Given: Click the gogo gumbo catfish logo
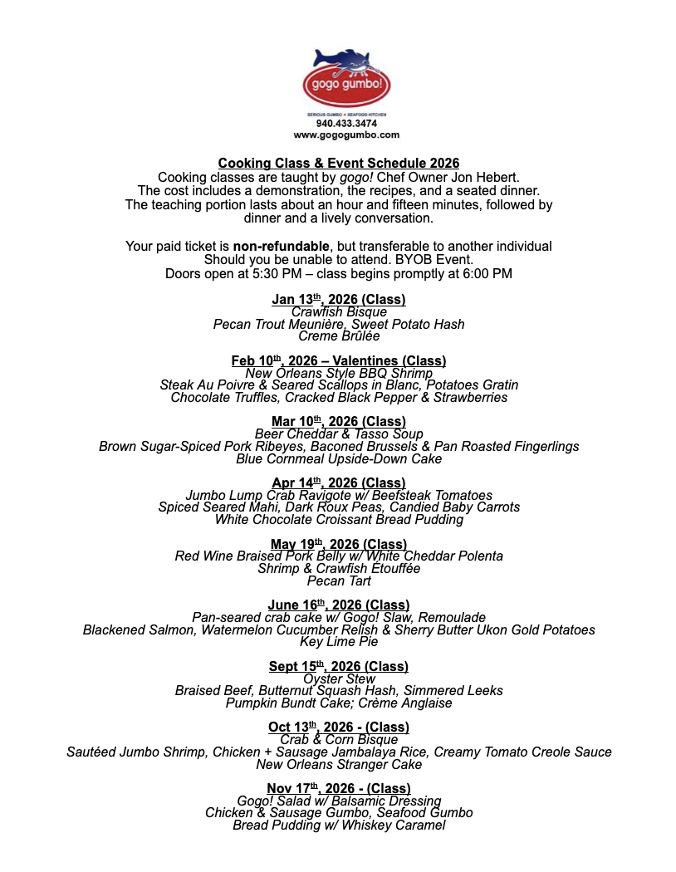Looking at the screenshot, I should point(346,78).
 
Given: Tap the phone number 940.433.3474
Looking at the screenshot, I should point(346,124).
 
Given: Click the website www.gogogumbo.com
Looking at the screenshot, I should point(346,135).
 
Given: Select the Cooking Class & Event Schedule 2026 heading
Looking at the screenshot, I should point(339,164).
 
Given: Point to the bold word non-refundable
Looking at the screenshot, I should point(281,247).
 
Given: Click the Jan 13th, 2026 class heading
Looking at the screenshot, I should point(339,300).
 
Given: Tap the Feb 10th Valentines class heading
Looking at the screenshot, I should point(339,361).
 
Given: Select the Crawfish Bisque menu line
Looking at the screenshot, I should point(339,312).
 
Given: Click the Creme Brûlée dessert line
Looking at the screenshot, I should point(339,336).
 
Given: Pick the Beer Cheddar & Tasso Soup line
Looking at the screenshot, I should point(339,434).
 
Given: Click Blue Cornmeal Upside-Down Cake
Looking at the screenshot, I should point(339,458).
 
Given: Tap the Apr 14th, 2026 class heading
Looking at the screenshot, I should point(339,483).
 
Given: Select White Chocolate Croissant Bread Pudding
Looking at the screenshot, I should point(339,520).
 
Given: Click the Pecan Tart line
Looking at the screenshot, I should point(339,581).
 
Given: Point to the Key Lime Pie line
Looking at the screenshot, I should point(339,642).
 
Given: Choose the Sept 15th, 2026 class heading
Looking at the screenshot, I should point(339,667).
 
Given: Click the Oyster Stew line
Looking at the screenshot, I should point(339,679).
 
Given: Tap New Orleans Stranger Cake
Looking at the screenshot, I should point(339,764).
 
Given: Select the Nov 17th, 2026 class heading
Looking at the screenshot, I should point(339,789).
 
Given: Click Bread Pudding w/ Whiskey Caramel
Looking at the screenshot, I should point(339,825).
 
